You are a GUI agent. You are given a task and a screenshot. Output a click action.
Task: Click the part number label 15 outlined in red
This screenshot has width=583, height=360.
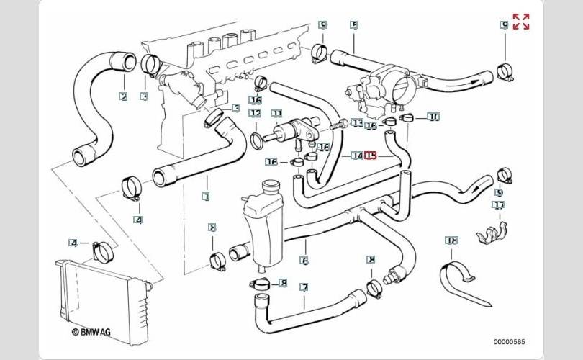(371, 155)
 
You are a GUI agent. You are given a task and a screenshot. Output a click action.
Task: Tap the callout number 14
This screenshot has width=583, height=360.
(357, 155)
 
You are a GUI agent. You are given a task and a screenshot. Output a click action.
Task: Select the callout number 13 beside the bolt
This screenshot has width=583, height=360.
(358, 123)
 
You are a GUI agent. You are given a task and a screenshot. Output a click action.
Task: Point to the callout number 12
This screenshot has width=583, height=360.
(255, 113)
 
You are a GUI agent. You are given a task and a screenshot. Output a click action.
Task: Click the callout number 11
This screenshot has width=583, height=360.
(276, 113)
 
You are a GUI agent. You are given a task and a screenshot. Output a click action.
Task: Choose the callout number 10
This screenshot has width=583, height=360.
(433, 116)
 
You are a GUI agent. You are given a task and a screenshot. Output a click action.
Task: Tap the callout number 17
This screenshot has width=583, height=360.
(498, 205)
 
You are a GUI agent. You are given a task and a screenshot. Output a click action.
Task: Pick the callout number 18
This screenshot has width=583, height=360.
(451, 240)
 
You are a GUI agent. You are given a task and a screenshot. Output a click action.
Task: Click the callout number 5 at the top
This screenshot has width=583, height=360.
(354, 24)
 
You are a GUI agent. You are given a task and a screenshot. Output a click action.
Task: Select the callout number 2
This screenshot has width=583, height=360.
(123, 96)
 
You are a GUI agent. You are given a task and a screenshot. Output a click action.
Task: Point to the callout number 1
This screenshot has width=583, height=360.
(206, 195)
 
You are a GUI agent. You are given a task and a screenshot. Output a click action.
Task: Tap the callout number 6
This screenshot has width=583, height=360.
(304, 261)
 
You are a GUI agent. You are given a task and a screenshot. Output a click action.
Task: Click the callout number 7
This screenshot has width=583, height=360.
(304, 287)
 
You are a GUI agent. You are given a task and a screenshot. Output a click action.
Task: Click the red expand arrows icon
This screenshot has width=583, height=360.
(521, 22)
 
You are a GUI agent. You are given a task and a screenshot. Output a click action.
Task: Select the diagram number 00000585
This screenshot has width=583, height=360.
(509, 341)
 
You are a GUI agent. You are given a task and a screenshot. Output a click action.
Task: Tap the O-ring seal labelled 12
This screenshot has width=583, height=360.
(256, 138)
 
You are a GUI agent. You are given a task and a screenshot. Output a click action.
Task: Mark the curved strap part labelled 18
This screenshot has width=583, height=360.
(460, 278)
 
